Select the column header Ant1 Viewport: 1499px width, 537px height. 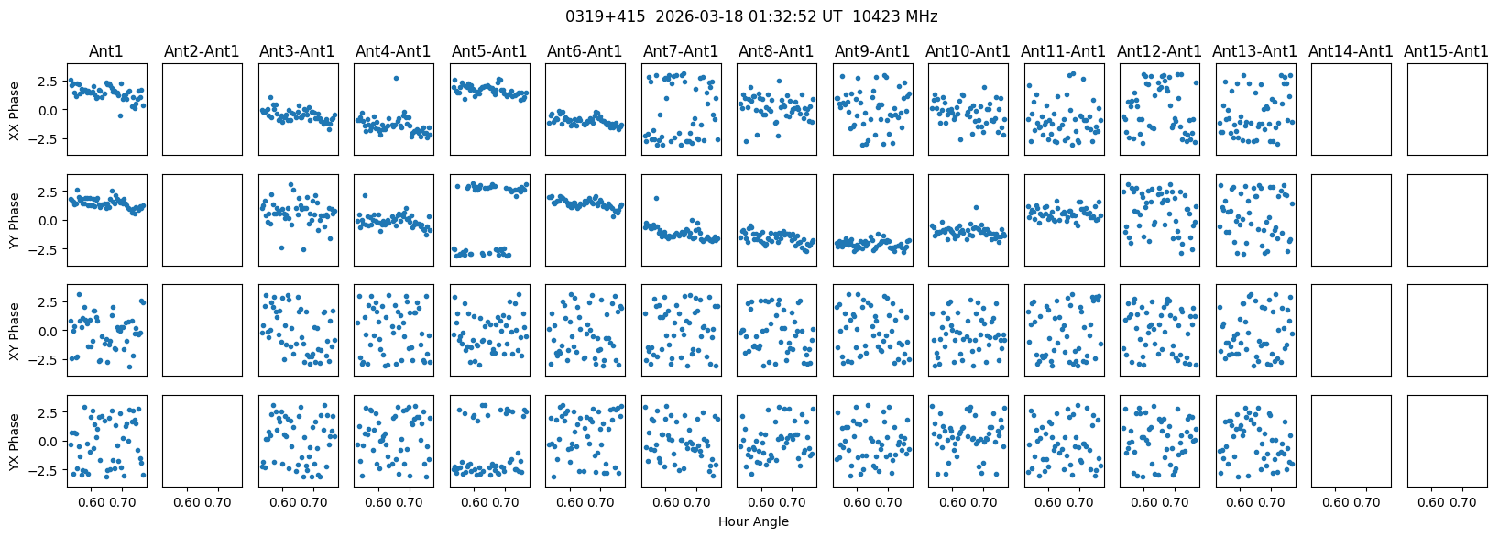click(x=106, y=51)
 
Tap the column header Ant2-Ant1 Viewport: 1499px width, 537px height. click(x=202, y=51)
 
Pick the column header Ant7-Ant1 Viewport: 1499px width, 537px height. click(x=681, y=51)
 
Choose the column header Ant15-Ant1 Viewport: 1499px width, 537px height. click(x=1446, y=51)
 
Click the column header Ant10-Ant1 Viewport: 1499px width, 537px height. click(x=968, y=51)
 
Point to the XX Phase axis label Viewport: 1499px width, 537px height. click(x=14, y=110)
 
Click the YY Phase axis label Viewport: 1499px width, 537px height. click(x=14, y=220)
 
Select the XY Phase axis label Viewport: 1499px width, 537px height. click(x=14, y=331)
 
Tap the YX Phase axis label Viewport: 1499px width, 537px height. click(x=14, y=442)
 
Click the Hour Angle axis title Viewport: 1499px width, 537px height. click(x=753, y=522)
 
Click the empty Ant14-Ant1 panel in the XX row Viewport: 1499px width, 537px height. click(x=1351, y=109)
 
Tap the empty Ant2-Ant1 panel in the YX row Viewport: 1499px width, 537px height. click(x=202, y=441)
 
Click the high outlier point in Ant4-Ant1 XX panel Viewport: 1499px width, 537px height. click(x=396, y=78)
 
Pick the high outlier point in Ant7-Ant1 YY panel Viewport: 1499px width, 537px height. click(x=657, y=198)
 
